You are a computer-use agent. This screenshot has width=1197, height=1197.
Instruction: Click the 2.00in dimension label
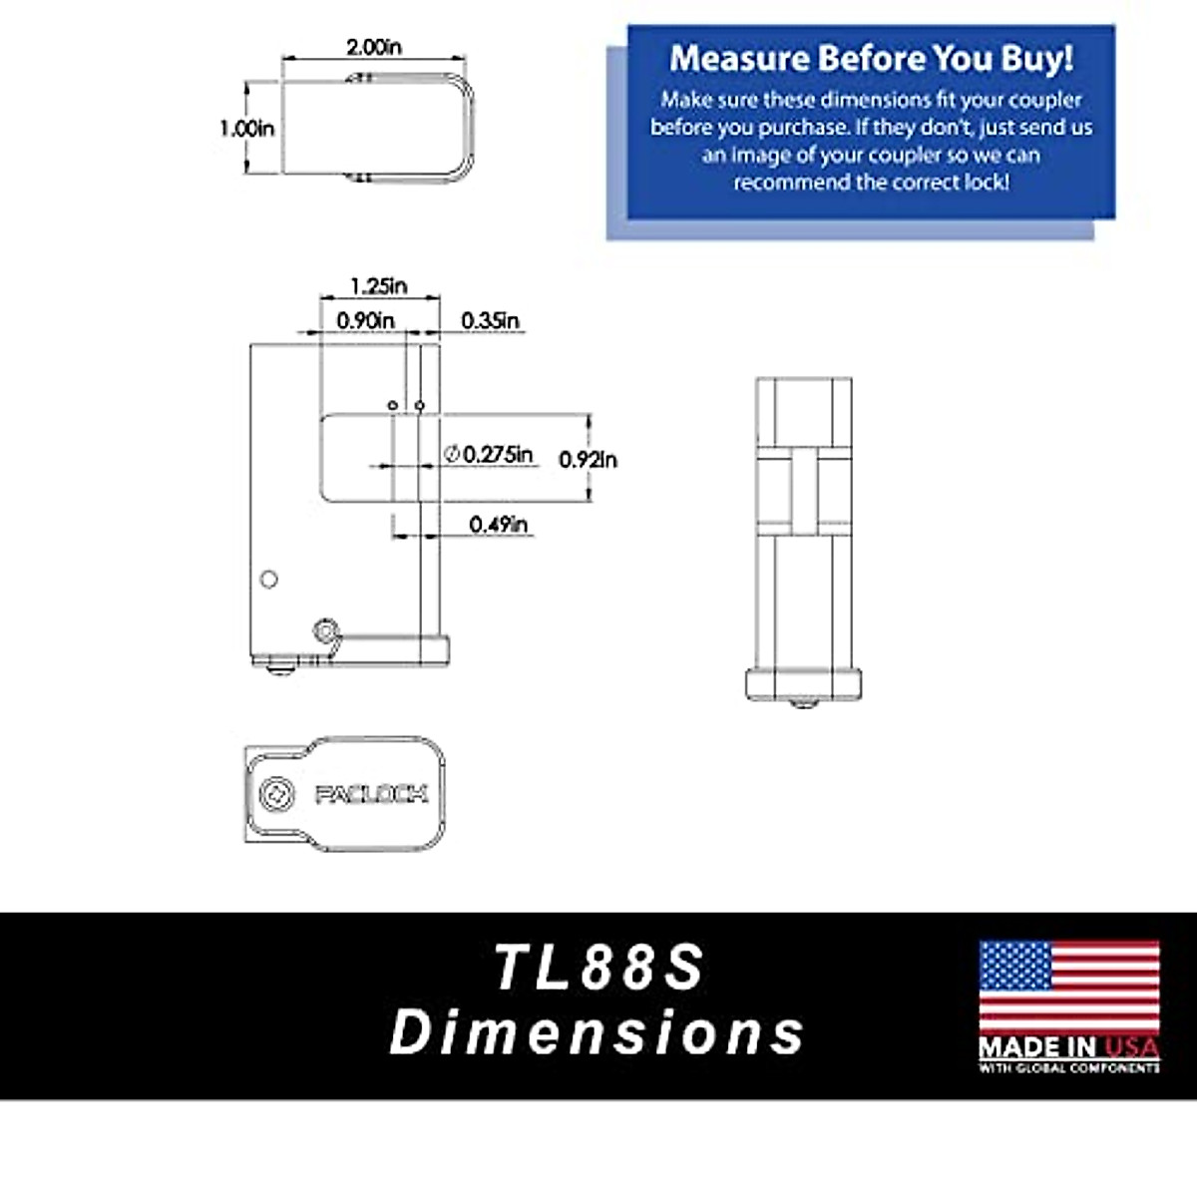tap(374, 47)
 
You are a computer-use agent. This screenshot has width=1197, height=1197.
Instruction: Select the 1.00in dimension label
tap(246, 129)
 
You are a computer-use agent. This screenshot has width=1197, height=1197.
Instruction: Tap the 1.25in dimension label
tap(378, 285)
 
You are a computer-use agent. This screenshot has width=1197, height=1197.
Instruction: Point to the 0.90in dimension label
tap(365, 320)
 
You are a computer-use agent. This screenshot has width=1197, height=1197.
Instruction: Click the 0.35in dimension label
tap(490, 320)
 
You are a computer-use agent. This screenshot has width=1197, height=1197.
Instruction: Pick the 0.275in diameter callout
tap(489, 454)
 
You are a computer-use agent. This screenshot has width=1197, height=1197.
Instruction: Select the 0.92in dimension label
tap(588, 459)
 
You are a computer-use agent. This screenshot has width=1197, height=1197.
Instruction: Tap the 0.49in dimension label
tap(499, 524)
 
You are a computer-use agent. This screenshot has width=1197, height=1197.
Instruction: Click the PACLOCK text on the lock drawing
tap(371, 794)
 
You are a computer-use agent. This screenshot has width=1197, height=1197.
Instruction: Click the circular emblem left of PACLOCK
tap(274, 794)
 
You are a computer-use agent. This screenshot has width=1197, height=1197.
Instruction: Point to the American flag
tap(1069, 987)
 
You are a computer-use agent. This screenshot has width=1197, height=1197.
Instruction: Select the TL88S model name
tap(599, 967)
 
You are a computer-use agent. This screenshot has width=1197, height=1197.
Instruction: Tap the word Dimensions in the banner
tap(597, 1031)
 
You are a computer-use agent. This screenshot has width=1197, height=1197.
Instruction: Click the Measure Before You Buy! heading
tap(871, 58)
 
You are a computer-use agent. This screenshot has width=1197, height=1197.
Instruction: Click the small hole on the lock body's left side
tap(268, 579)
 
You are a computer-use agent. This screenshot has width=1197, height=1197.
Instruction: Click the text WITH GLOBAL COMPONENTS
tap(1069, 1068)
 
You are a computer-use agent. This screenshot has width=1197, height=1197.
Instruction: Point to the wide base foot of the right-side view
tap(803, 684)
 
